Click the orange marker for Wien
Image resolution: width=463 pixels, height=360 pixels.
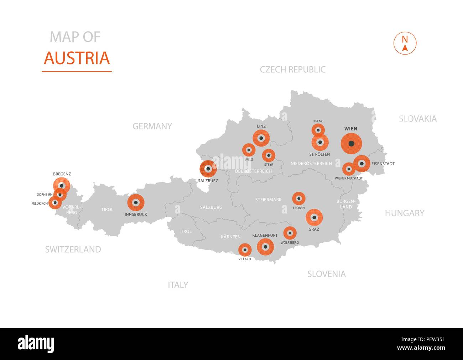pos(351,144)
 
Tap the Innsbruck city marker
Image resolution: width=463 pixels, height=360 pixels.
pos(136,202)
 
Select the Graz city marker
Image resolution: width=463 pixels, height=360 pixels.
pos(314,217)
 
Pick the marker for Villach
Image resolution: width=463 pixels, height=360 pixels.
pos(245,250)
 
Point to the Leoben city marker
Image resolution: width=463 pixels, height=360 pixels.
pos(298,199)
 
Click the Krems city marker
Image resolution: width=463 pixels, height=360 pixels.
pos(318,130)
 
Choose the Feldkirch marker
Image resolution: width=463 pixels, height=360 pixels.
pos(55,203)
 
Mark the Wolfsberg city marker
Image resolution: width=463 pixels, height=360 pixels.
pos(290,233)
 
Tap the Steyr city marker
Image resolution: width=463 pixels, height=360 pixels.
pos(269,155)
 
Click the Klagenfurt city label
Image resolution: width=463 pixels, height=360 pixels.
pos(265,236)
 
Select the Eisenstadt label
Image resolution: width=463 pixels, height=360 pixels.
pos(383,164)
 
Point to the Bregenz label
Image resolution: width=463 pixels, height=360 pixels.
pos(62,174)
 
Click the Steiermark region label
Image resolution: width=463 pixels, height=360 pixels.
pos(268,200)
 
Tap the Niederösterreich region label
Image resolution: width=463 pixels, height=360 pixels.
pos(311,164)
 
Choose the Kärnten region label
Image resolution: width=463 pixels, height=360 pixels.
pos(230,237)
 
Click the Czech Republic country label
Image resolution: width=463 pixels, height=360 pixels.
pos(292,70)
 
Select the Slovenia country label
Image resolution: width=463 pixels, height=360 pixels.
pos(326,274)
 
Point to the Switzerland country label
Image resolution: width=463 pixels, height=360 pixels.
pos(73,250)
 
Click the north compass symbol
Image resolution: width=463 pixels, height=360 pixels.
pos(405,43)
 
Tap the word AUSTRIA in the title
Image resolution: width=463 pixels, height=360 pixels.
pos(77,58)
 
